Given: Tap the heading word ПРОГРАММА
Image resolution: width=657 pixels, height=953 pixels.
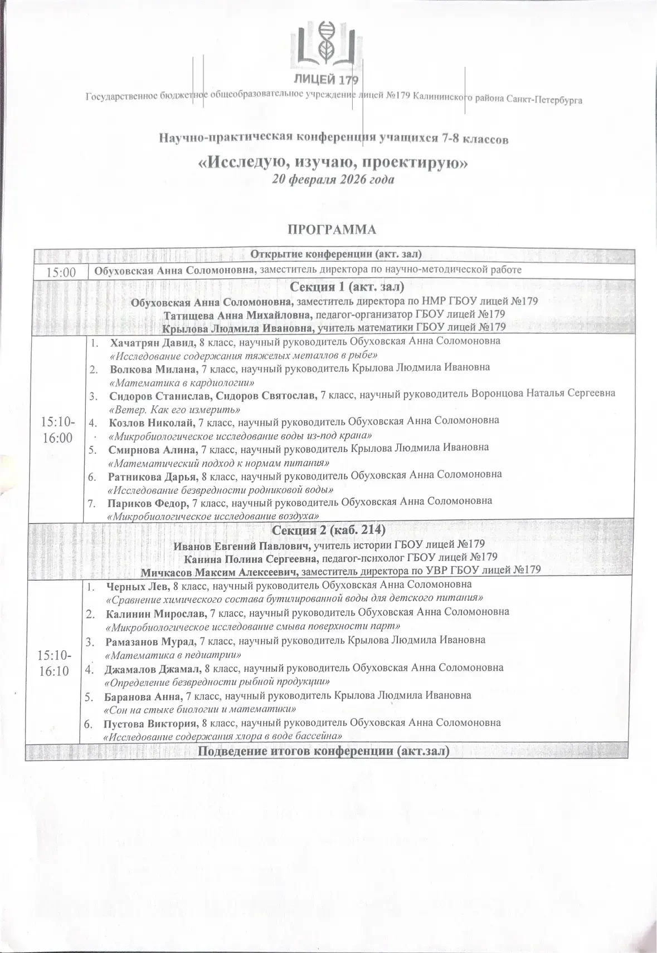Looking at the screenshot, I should (332, 229).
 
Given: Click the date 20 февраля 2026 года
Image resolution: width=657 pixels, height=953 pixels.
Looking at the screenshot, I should (333, 180).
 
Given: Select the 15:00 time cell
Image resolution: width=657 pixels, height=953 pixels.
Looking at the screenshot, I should (61, 272).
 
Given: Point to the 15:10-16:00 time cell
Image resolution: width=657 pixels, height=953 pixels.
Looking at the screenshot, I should (57, 430).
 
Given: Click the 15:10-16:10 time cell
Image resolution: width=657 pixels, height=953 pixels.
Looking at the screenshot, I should (54, 664).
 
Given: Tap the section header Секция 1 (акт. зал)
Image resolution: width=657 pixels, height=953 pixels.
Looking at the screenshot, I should (347, 287).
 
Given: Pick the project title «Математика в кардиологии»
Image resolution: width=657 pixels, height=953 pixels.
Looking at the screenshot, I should (182, 382).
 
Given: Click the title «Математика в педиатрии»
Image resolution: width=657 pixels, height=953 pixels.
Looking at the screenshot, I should (173, 655).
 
